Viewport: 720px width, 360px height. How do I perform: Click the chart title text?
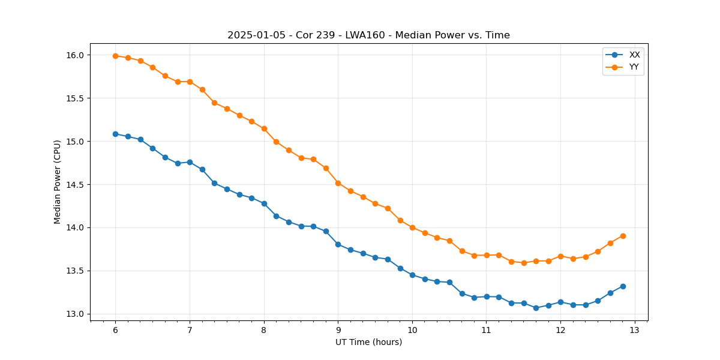368,35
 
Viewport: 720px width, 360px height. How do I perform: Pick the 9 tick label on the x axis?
338,330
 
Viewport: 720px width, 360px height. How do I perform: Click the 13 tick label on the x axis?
635,330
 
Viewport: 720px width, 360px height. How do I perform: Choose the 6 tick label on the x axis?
115,330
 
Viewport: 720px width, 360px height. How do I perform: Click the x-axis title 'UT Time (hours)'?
368,343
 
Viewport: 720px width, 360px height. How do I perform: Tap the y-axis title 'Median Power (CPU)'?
58,182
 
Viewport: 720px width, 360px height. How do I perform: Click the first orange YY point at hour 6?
115,56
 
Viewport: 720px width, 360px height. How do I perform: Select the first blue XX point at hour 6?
115,134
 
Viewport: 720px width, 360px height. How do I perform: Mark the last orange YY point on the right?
623,236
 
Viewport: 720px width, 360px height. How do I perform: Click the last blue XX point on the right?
623,286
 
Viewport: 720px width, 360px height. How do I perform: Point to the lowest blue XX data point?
536,308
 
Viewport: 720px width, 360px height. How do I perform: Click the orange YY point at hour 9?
338,183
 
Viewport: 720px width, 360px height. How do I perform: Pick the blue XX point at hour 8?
264,203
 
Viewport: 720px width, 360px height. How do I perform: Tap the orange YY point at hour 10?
412,227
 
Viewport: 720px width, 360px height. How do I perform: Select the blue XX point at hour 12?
560,302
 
